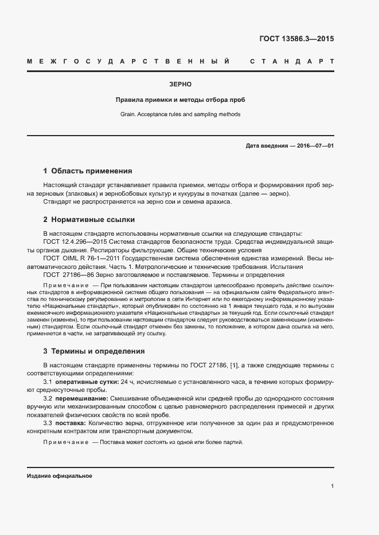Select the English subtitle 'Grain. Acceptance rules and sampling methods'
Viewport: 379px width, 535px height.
coord(181,114)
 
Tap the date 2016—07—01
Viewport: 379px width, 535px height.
coord(315,146)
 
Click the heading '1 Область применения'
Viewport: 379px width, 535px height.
coord(88,171)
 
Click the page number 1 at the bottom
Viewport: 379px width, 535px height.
coord(332,486)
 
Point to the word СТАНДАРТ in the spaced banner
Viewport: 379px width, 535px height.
coord(291,61)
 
